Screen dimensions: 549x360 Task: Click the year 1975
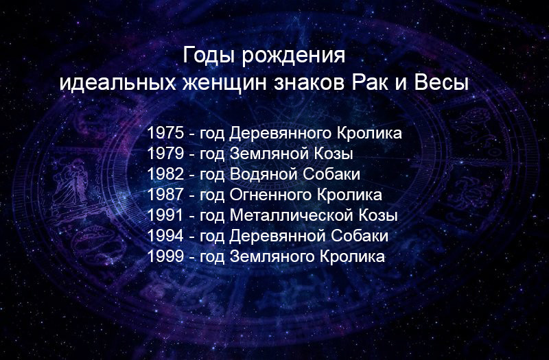click(x=165, y=133)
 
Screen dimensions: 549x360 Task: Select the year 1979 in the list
click(x=165, y=154)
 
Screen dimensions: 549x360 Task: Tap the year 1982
click(x=165, y=174)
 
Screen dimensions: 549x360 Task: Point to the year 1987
click(x=165, y=195)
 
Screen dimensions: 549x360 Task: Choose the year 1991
click(x=165, y=215)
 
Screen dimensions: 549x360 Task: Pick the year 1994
click(x=165, y=236)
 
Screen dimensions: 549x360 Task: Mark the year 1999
click(x=165, y=256)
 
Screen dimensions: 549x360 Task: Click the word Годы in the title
click(x=209, y=56)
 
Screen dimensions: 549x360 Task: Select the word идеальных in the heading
click(x=117, y=84)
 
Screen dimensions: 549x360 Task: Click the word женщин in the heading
click(x=224, y=84)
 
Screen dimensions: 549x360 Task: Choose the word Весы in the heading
click(x=441, y=83)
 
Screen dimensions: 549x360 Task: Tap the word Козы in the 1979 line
click(x=333, y=154)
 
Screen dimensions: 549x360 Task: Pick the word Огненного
click(x=270, y=195)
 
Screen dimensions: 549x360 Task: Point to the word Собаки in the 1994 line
click(x=360, y=236)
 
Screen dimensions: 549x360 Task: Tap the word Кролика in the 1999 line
click(x=353, y=256)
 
